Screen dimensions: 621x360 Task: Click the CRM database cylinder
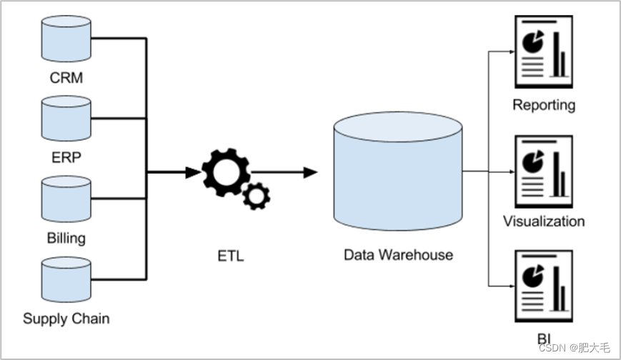(x=66, y=39)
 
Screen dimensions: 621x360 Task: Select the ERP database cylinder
(x=66, y=119)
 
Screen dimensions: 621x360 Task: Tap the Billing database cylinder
(x=66, y=199)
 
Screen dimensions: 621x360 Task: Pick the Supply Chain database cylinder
(x=66, y=279)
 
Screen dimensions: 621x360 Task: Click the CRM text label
(x=66, y=78)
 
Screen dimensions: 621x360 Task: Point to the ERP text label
(x=66, y=158)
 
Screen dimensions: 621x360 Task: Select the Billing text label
(x=66, y=238)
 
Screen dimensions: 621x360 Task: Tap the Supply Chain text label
(x=66, y=319)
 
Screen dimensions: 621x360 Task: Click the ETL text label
(x=231, y=256)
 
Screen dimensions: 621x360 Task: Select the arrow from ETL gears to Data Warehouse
(x=284, y=172)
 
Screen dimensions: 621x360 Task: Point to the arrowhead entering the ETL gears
(x=193, y=172)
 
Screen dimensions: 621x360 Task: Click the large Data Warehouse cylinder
(x=398, y=171)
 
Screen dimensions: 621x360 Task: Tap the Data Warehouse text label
(x=399, y=255)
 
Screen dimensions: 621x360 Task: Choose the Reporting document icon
(x=544, y=51)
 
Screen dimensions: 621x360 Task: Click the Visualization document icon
(x=544, y=171)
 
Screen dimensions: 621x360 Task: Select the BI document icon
(x=544, y=286)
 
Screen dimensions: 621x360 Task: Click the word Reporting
(x=544, y=105)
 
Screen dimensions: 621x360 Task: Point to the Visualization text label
(x=544, y=221)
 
